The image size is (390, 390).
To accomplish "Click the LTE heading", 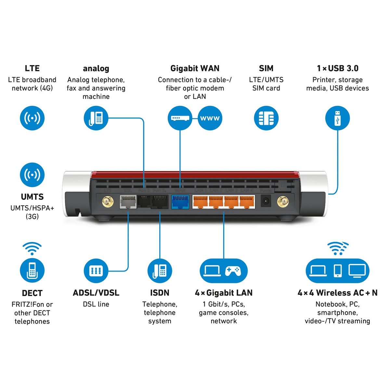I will (32, 69).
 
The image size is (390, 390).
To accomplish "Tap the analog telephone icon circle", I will (96, 118).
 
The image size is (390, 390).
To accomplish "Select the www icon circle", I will (210, 118).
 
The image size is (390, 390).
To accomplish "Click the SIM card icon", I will (266, 118).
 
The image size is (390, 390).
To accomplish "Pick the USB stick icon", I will (337, 118).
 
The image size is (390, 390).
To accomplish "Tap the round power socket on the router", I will (266, 202).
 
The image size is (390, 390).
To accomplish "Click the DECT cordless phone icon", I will (32, 270).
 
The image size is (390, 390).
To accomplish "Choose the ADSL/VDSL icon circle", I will (96, 270).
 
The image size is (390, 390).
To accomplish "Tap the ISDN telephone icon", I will (160, 270).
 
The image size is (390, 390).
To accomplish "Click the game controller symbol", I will (233, 270).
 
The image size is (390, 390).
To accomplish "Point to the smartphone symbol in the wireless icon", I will (338, 270).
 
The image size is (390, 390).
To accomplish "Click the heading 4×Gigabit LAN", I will (224, 293).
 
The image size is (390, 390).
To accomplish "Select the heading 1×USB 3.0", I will (338, 69).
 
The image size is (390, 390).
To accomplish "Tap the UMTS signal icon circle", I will (32, 175).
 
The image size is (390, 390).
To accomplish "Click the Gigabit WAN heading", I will (195, 69).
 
